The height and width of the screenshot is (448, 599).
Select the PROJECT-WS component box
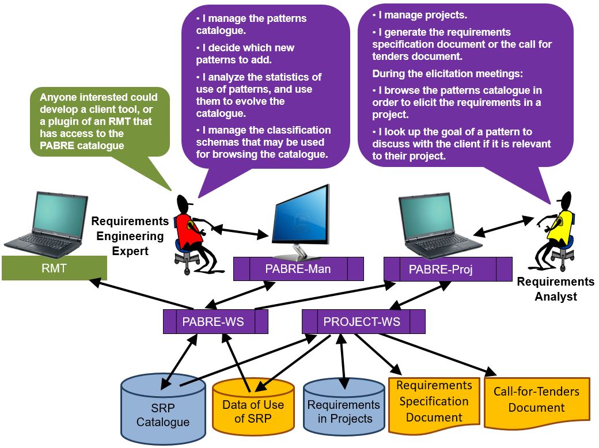pyautogui.click(x=363, y=321)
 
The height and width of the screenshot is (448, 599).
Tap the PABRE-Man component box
pyautogui.click(x=298, y=269)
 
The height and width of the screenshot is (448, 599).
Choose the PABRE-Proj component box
pyautogui.click(x=448, y=269)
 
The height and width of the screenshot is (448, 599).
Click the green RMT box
pyautogui.click(x=54, y=268)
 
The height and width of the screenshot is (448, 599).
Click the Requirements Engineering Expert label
pyautogui.click(x=130, y=236)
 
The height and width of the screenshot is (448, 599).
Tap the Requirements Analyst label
pyautogui.click(x=555, y=289)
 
